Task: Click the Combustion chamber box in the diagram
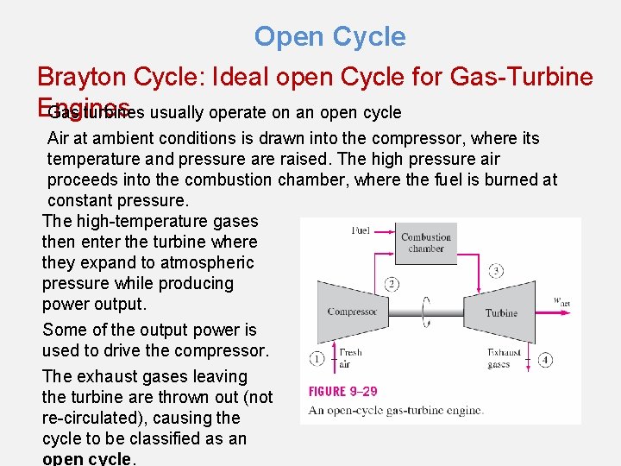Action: point(426,242)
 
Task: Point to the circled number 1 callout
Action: point(317,357)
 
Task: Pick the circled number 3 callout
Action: point(496,271)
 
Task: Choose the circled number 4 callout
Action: point(545,358)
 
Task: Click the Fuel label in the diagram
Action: point(361,230)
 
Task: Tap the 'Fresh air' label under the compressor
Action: point(350,358)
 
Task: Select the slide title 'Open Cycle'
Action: point(329,37)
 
